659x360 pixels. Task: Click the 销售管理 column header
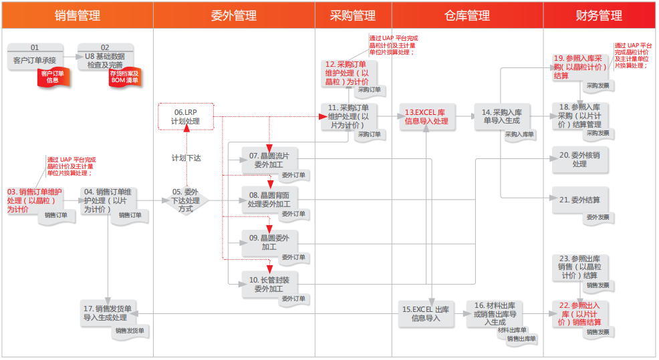pos(77,15)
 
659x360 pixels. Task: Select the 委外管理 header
pos(233,15)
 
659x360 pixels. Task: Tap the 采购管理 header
pos(352,15)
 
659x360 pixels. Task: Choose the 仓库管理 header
pos(467,15)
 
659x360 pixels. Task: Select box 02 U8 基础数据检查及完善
pos(105,56)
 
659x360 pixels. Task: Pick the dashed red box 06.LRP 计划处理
pos(186,117)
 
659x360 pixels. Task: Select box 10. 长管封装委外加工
pos(269,284)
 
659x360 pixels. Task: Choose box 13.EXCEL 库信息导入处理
pos(426,117)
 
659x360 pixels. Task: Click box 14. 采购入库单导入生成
pos(501,116)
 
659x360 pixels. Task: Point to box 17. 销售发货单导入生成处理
pos(109,313)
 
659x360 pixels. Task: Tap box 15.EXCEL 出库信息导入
pos(425,313)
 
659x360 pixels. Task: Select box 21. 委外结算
pos(579,200)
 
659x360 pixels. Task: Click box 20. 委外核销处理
pos(579,159)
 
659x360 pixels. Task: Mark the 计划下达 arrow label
pos(186,158)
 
